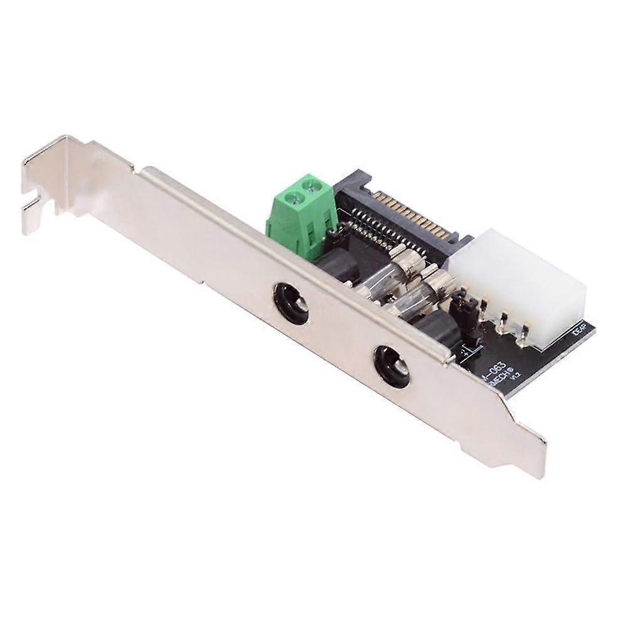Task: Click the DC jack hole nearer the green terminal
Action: [x=291, y=302]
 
